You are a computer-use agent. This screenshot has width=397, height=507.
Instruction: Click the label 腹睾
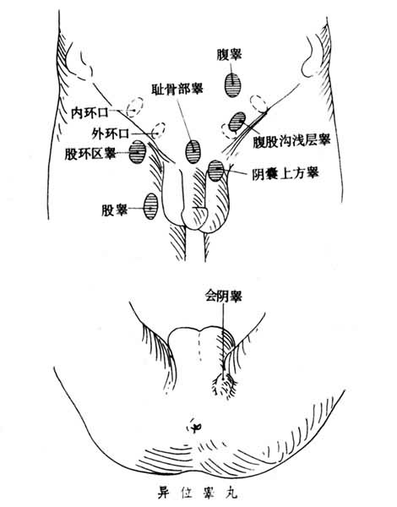pyautogui.click(x=230, y=55)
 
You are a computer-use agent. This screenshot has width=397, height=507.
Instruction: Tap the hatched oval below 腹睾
pyautogui.click(x=233, y=85)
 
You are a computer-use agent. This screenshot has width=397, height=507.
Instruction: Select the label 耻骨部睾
pyautogui.click(x=177, y=88)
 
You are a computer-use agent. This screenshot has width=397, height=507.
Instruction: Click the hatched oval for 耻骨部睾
pyautogui.click(x=193, y=151)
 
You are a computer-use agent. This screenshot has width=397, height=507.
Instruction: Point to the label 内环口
pyautogui.click(x=90, y=112)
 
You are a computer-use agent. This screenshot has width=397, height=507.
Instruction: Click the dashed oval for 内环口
pyautogui.click(x=134, y=106)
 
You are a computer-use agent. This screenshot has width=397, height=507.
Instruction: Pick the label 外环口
pyautogui.click(x=111, y=133)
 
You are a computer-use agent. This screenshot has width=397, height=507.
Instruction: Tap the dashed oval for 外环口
pyautogui.click(x=158, y=130)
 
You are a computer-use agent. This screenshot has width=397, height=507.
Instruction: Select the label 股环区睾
pyautogui.click(x=90, y=154)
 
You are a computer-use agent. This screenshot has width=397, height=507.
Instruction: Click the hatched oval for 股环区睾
pyautogui.click(x=138, y=152)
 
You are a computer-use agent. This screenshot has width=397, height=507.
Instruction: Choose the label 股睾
pyautogui.click(x=114, y=210)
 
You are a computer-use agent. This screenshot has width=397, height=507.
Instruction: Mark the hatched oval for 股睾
pyautogui.click(x=150, y=206)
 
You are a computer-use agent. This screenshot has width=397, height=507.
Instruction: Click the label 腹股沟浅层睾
pyautogui.click(x=291, y=141)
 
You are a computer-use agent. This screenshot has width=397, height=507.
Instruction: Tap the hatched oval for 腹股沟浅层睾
pyautogui.click(x=237, y=122)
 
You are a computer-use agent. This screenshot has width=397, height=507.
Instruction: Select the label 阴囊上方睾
pyautogui.click(x=286, y=173)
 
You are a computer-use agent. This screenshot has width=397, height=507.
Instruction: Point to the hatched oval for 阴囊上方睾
pyautogui.click(x=215, y=171)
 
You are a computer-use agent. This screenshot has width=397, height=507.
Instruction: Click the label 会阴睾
pyautogui.click(x=224, y=296)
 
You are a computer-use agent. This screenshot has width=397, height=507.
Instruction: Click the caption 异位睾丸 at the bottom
pyautogui.click(x=198, y=493)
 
